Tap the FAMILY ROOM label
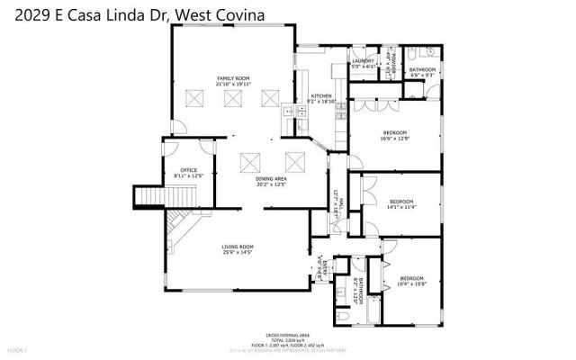click(231, 81)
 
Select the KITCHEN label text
click(322, 97)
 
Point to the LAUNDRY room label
click(363, 63)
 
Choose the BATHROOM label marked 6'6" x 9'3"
click(422, 72)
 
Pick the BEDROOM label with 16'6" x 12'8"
click(395, 135)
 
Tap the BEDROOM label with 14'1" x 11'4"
click(400, 202)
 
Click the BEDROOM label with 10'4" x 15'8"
click(411, 280)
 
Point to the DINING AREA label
click(271, 181)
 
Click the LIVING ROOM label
click(238, 248)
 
